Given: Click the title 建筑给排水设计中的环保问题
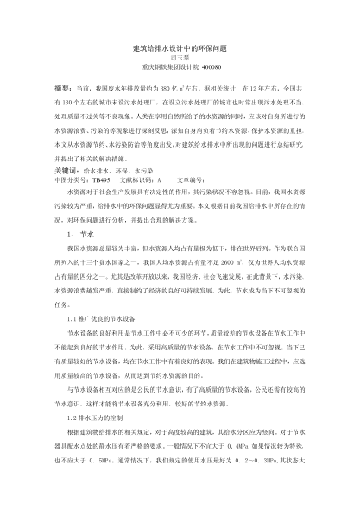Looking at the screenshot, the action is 180,49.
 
